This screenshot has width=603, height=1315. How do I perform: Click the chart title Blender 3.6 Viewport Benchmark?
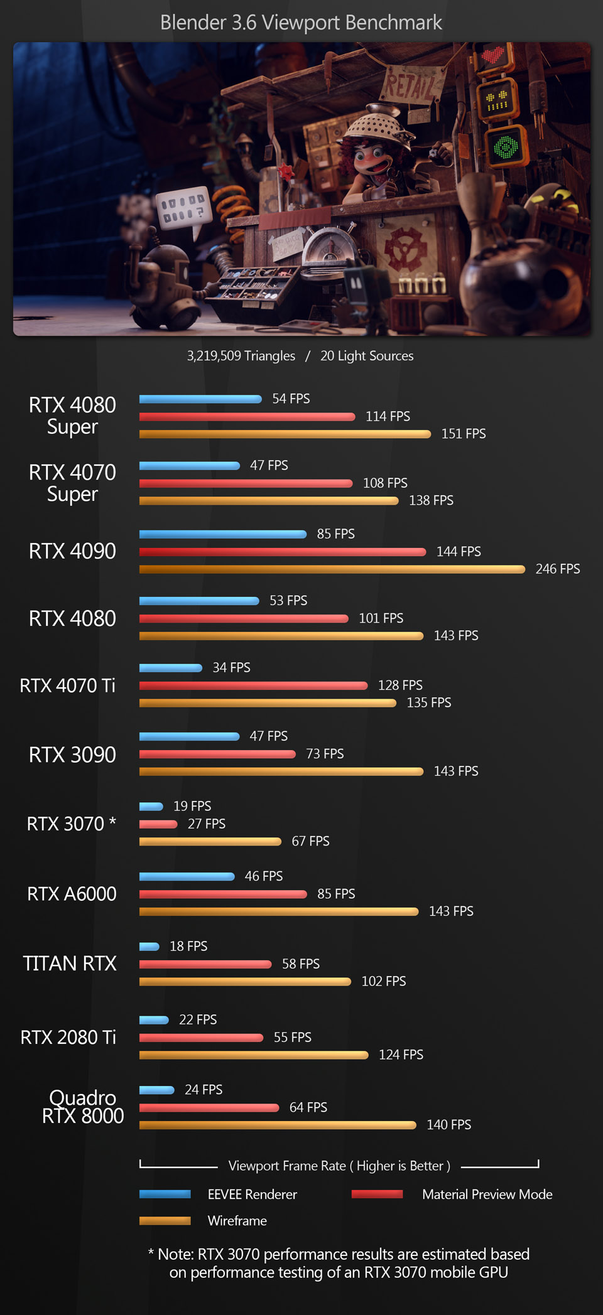301,23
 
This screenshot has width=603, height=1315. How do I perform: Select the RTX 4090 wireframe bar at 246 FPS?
332,569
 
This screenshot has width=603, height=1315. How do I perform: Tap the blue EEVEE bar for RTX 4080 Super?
200,399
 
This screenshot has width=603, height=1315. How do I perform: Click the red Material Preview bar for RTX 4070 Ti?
253,685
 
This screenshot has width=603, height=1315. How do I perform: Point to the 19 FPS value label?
192,806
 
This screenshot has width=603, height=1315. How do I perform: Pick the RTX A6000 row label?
72,894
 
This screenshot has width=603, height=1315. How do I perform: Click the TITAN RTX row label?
70,963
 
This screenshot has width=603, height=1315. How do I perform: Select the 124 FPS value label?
401,1055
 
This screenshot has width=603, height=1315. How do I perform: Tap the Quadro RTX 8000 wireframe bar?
277,1125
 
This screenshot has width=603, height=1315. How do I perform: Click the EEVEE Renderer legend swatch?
165,1194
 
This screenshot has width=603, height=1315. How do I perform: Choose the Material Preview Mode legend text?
487,1194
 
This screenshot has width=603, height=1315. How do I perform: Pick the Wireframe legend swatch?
165,1221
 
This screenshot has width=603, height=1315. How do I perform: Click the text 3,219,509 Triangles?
241,356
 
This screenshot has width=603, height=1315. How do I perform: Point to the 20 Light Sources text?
367,356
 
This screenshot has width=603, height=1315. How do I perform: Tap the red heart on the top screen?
493,56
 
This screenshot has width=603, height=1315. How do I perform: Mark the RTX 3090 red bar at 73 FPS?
217,754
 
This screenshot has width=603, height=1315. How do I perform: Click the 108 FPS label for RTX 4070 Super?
385,483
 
